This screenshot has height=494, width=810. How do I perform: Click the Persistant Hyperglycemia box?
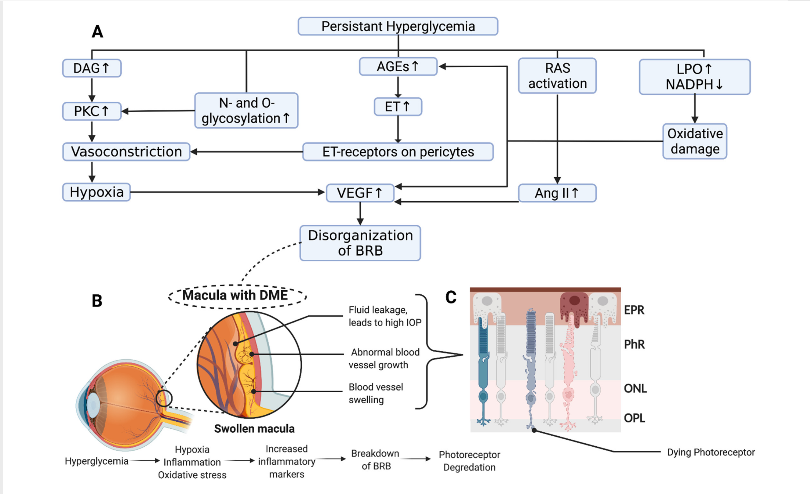(398, 26)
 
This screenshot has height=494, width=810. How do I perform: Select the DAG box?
(92, 68)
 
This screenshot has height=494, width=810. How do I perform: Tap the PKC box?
(92, 111)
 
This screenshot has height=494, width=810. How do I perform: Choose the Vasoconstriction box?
(126, 152)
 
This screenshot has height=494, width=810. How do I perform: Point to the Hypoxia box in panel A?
(96, 192)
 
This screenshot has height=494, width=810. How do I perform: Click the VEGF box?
(360, 193)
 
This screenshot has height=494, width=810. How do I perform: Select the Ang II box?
(557, 193)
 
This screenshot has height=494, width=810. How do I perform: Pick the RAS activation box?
(557, 76)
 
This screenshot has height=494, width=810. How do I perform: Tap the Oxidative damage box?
(695, 141)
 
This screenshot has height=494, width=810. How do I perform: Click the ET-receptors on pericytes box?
(398, 152)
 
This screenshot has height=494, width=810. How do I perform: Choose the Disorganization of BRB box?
(360, 243)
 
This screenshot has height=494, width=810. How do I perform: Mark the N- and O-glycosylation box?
(246, 111)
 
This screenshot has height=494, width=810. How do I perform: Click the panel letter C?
(451, 297)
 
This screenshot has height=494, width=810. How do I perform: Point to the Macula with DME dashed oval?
(237, 296)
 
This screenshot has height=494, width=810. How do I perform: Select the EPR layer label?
(634, 310)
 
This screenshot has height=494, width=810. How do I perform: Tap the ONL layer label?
(635, 388)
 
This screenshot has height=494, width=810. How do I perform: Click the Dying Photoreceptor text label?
(711, 452)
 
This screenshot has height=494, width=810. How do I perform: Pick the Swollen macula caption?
(254, 429)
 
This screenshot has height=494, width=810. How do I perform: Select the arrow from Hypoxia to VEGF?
(227, 192)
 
